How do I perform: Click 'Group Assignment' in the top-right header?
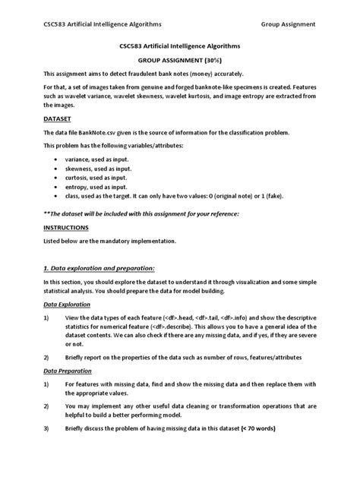[x=289, y=24]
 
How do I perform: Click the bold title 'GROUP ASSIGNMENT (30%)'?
[x=179, y=58]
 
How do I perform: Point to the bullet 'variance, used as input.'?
[x=97, y=160]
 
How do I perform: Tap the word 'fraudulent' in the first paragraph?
[x=123, y=74]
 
